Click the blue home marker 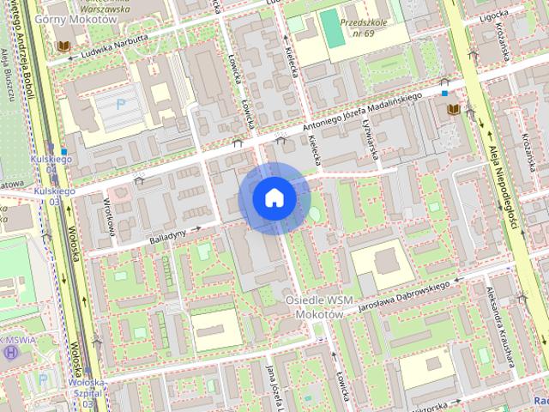[x=274, y=197]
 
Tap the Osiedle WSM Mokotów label [x=319, y=306]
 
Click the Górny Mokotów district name [x=75, y=19]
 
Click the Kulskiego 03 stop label [x=55, y=195]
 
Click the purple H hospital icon [x=10, y=351]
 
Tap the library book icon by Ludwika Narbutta [x=62, y=45]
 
